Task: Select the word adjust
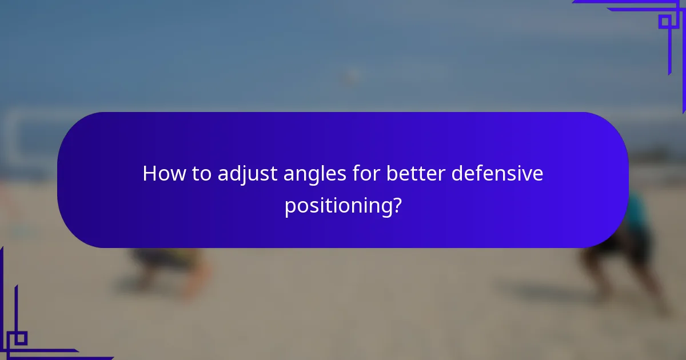point(249,174)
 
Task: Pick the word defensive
point(497,173)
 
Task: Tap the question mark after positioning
point(395,205)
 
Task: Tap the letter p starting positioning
point(289,207)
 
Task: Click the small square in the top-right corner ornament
point(664,21)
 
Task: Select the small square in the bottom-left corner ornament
point(21,338)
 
